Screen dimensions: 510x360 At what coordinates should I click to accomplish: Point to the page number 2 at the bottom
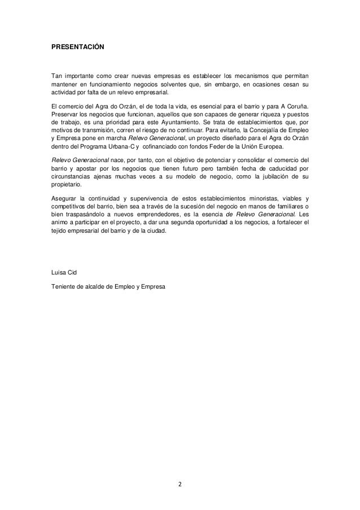pyautogui.click(x=179, y=484)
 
